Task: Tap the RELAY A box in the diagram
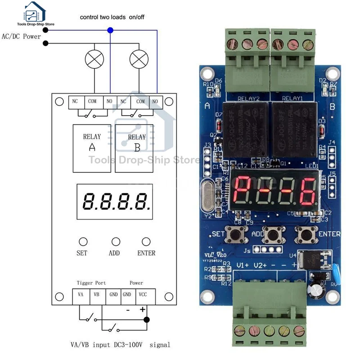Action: [x=92, y=148]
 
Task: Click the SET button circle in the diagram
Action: [x=82, y=242]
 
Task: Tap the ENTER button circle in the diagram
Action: [x=146, y=242]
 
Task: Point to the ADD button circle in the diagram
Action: [x=116, y=242]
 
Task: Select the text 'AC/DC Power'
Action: [x=22, y=36]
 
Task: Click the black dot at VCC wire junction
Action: [x=146, y=320]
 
